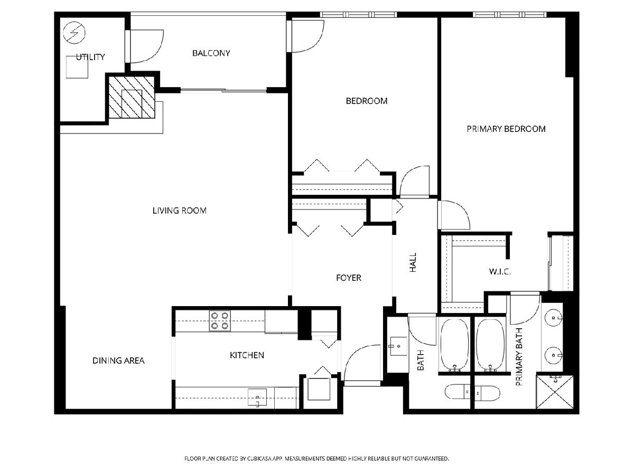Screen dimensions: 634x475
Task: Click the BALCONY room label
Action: (x=211, y=53)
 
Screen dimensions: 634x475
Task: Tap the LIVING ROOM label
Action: (x=179, y=211)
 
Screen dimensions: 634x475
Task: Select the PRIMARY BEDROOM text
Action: (x=506, y=129)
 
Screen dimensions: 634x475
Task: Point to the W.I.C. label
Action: (x=500, y=271)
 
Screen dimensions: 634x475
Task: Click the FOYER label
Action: (x=348, y=278)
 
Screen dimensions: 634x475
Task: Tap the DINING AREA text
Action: (x=118, y=360)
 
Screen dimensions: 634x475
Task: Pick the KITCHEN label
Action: (x=247, y=355)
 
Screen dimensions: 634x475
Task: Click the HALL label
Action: (x=413, y=262)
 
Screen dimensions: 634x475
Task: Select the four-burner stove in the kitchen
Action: (x=220, y=321)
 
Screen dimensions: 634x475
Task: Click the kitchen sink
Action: (x=257, y=397)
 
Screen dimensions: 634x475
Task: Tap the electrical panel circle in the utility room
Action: (x=74, y=33)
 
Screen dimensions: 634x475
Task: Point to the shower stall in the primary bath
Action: (x=554, y=392)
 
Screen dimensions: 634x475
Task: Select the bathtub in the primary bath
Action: (x=490, y=345)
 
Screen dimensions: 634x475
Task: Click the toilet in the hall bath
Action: (x=457, y=392)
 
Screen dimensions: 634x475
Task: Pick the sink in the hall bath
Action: (x=398, y=346)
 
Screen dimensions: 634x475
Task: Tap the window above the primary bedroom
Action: (x=510, y=15)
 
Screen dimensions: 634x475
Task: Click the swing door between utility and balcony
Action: (x=145, y=46)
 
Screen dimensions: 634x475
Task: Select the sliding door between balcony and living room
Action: (x=223, y=90)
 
